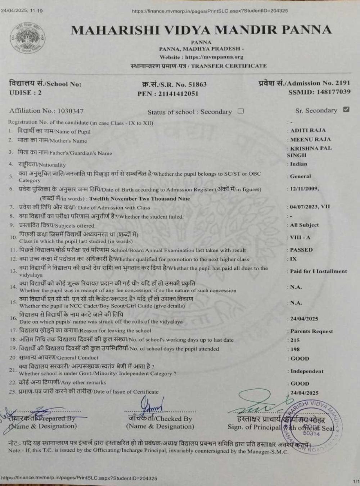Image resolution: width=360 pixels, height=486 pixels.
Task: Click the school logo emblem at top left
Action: point(28,39)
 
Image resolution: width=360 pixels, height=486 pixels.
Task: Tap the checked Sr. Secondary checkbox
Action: point(346,109)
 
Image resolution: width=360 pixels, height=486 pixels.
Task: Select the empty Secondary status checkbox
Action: point(241,111)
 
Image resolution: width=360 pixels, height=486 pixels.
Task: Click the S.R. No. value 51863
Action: point(198,85)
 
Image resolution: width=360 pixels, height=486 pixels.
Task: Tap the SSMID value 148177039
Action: point(333,92)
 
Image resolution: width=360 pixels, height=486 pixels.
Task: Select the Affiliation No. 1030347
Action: point(71,111)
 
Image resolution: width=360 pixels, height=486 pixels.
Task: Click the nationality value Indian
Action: point(299,164)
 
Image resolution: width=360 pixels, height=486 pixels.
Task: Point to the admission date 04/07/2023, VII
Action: point(310,207)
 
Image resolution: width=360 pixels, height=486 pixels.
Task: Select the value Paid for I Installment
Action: point(319,271)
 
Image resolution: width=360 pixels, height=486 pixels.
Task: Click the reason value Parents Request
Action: point(312,331)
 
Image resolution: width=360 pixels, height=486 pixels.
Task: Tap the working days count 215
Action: point(295,340)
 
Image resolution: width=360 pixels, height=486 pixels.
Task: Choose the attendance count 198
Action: point(295,349)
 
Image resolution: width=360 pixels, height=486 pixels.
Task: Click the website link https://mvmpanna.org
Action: point(214,57)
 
